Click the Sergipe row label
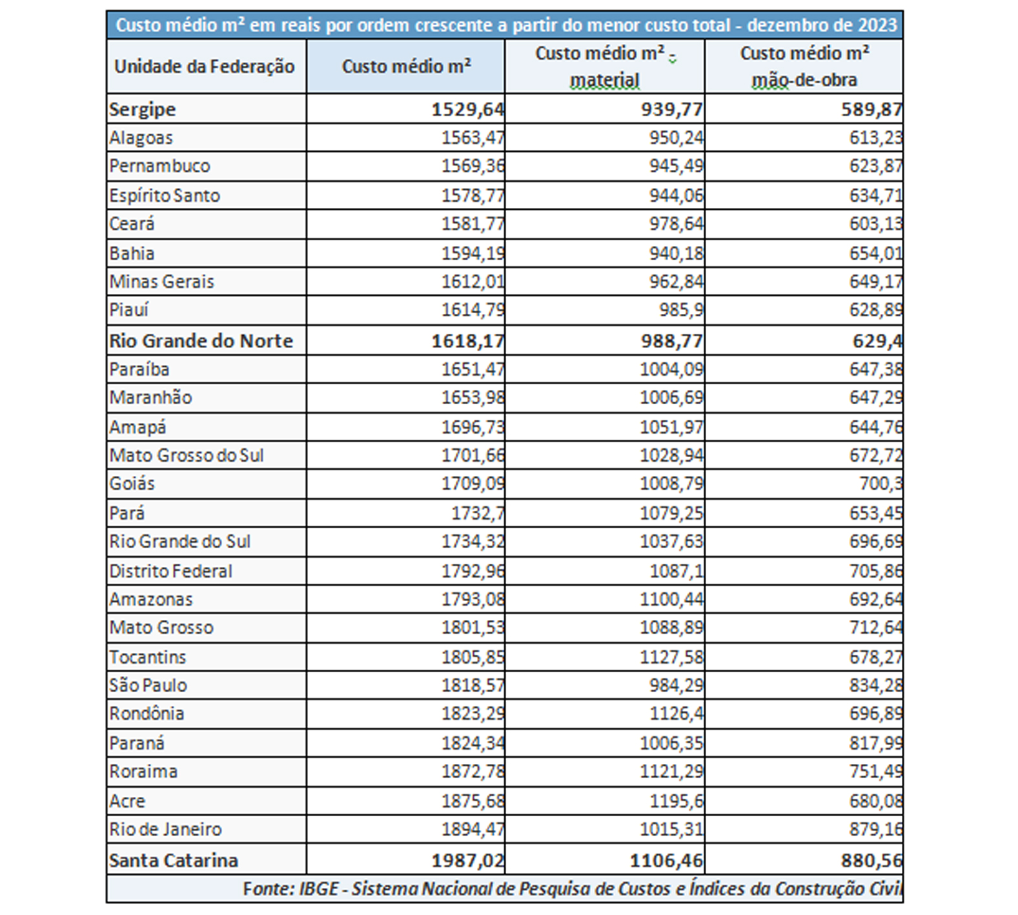tap(142, 109)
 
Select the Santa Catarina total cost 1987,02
tap(468, 860)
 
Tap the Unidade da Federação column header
tap(205, 67)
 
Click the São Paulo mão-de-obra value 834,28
tap(876, 685)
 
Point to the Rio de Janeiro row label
tap(165, 829)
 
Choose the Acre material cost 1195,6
tap(676, 801)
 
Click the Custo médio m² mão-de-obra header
tap(804, 67)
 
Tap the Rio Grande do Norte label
tap(201, 340)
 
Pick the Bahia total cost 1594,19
tap(473, 253)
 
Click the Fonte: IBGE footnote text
tap(573, 889)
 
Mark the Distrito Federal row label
tap(170, 571)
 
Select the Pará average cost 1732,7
tap(478, 513)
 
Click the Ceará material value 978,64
tap(676, 224)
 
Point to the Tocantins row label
tap(147, 657)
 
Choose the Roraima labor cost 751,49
tap(876, 772)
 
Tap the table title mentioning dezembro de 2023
tap(506, 25)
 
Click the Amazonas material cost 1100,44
tap(671, 599)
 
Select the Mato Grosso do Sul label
tap(187, 455)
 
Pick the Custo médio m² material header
tap(606, 67)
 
